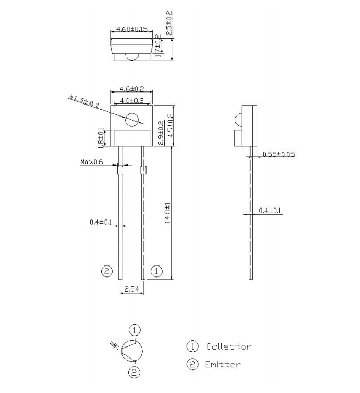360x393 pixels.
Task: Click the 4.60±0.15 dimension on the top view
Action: point(131,30)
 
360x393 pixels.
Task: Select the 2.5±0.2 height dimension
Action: point(170,24)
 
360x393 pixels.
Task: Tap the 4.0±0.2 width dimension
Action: point(131,100)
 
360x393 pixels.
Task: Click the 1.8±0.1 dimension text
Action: point(101,137)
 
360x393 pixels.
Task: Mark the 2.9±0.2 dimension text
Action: point(161,132)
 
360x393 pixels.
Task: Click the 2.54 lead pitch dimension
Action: point(131,288)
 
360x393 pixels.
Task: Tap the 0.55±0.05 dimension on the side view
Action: point(278,154)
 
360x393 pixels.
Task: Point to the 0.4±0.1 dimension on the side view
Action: point(270,211)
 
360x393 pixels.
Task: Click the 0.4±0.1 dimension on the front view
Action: point(100,223)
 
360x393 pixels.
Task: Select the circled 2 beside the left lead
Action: point(106,271)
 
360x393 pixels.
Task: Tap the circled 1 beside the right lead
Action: point(156,271)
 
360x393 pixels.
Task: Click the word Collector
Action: point(229,346)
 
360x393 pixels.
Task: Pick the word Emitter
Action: point(222,364)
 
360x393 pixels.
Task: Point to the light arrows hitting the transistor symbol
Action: point(116,344)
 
